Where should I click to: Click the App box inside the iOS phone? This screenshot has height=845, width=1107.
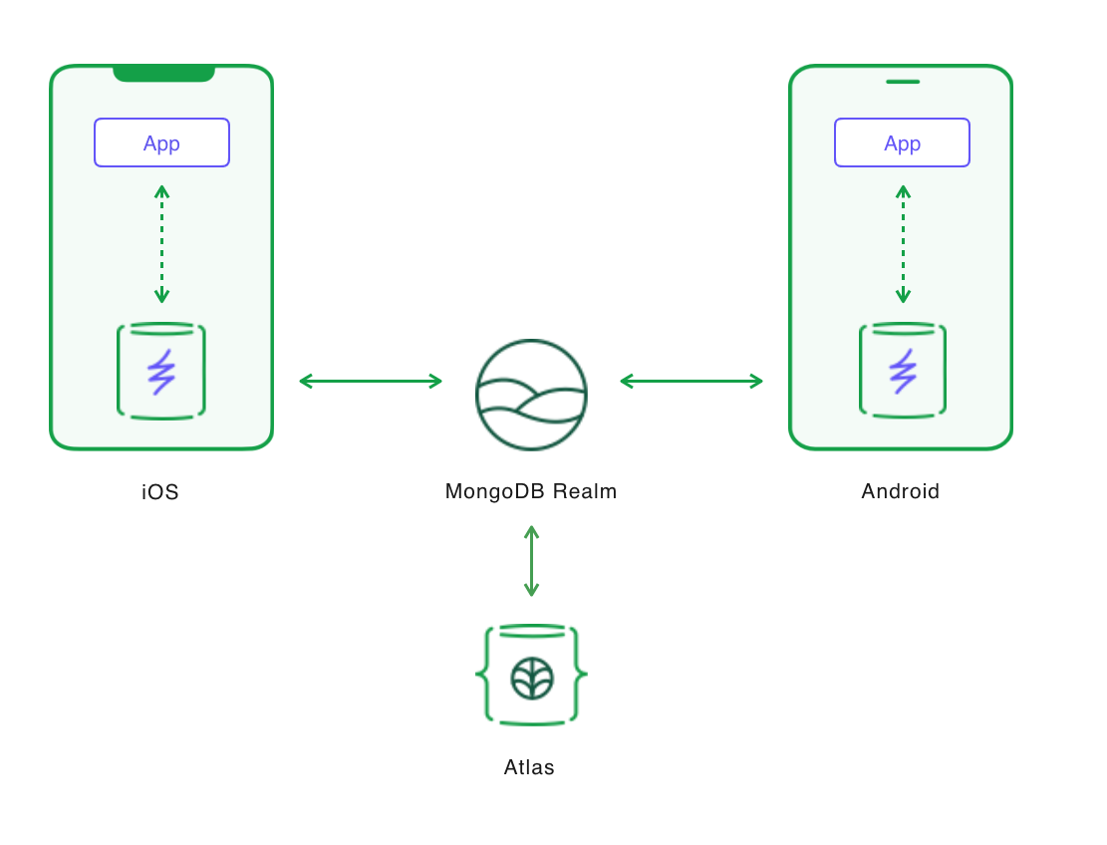tap(161, 142)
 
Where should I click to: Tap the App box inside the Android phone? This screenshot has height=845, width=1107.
tap(902, 142)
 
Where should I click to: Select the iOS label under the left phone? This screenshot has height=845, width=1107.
tap(160, 491)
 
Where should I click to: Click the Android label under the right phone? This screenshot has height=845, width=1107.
tap(900, 491)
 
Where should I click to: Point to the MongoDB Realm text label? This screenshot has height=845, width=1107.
tap(531, 491)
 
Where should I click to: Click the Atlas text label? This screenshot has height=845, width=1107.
tap(529, 767)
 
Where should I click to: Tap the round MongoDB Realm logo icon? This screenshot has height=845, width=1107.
tap(531, 395)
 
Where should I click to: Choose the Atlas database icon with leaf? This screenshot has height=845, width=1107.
tap(531, 676)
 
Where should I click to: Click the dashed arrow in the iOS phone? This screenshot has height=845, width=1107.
tap(161, 244)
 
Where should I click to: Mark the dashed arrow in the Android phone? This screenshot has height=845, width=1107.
tap(903, 244)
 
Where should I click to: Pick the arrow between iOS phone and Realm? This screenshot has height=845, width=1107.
tap(371, 381)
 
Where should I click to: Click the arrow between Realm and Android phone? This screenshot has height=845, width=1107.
tap(692, 381)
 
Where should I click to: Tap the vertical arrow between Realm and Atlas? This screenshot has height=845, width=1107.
tap(531, 561)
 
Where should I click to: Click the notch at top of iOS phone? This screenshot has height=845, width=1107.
tap(163, 73)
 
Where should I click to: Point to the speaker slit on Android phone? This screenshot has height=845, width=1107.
tap(902, 82)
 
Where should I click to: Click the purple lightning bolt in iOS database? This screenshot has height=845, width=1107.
tap(161, 372)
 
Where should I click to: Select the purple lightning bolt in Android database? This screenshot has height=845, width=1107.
tap(903, 372)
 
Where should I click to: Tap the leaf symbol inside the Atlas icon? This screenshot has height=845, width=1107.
tap(532, 679)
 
